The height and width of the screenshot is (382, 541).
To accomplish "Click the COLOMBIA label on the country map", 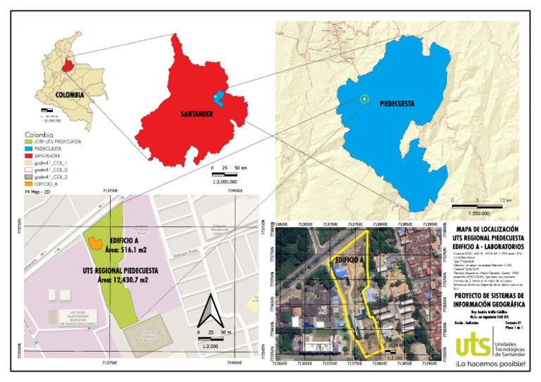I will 70,94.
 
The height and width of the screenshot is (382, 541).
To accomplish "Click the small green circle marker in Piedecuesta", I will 363,99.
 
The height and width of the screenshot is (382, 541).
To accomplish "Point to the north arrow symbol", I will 208,311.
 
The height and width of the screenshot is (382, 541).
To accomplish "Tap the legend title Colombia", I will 39,135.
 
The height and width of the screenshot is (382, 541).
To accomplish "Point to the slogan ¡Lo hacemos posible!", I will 490,364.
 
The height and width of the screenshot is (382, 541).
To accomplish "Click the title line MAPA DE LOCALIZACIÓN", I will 487,229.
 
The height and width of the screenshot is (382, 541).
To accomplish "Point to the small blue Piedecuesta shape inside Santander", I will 218,98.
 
